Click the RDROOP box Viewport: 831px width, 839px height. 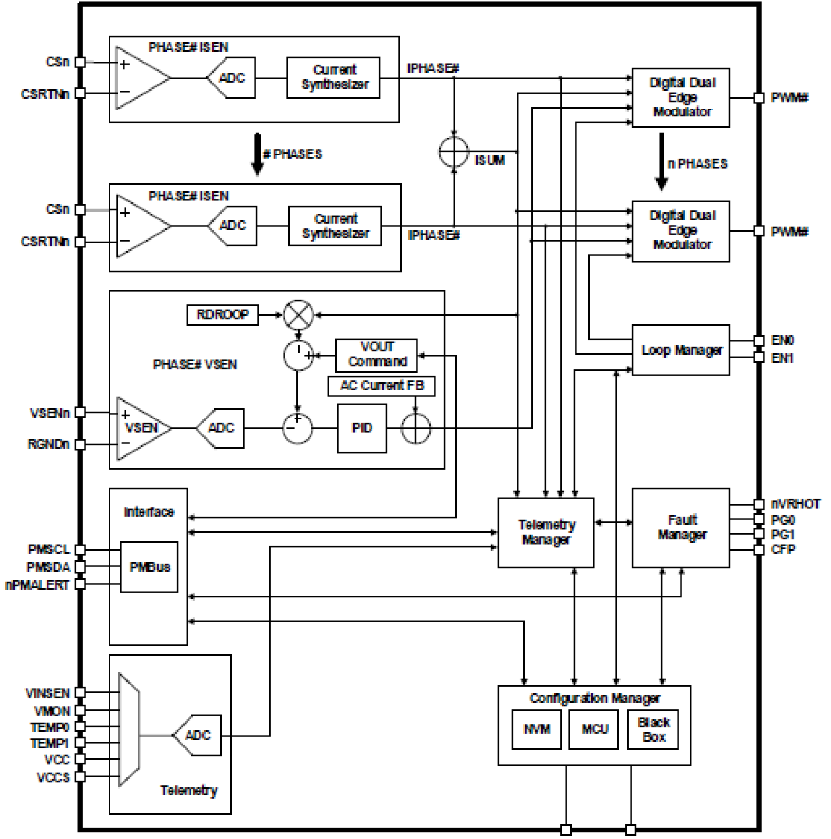point(222,314)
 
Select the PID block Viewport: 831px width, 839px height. point(362,428)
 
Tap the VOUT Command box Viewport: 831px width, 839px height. point(376,355)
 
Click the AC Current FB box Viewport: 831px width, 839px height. point(381,386)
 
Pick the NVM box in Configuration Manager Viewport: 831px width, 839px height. point(537,729)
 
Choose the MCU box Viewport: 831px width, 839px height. point(594,729)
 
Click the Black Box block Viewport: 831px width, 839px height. point(653,729)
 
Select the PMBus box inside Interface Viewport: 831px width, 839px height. point(149,567)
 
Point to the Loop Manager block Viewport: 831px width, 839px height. point(681,350)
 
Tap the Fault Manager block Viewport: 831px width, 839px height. point(681,528)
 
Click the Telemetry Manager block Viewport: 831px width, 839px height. point(546,533)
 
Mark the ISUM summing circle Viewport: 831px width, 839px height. point(454,153)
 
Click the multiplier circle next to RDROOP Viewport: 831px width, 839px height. point(298,315)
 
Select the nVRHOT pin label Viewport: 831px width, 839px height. point(795,504)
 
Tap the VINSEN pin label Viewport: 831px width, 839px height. point(48,693)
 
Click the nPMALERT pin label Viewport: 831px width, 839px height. point(37,585)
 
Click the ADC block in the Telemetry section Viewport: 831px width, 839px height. point(197,735)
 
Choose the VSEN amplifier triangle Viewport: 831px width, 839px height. point(141,428)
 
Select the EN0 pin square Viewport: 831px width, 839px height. point(759,341)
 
